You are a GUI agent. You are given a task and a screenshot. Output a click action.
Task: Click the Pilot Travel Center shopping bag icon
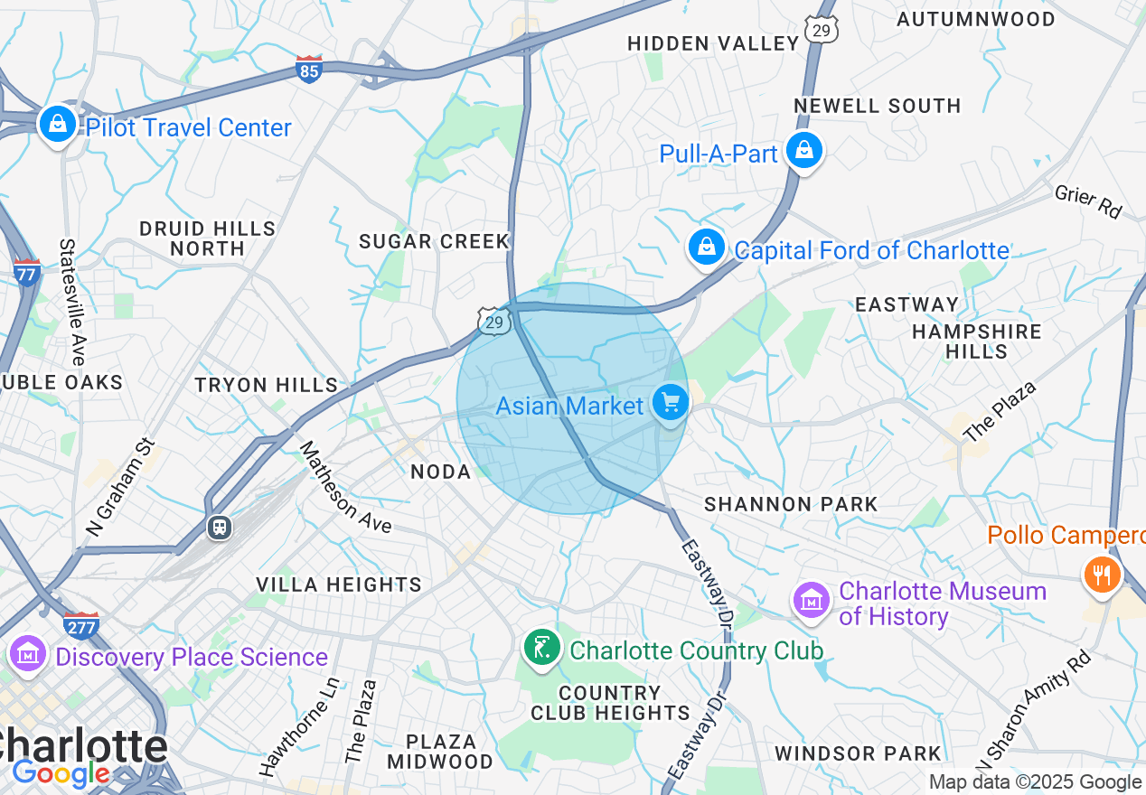pos(58,125)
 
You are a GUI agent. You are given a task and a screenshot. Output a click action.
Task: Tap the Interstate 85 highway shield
pos(309,70)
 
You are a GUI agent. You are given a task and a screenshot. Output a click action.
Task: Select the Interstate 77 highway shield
pos(27,272)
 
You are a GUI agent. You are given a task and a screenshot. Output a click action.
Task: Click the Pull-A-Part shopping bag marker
pos(803,151)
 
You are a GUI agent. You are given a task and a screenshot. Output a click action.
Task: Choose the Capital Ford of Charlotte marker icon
pos(707,247)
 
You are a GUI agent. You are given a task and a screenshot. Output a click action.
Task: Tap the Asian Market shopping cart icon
pos(670,403)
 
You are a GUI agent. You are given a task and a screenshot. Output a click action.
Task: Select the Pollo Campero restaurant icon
pos(1101,573)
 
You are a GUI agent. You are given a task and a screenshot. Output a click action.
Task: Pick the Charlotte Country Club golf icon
pos(541,648)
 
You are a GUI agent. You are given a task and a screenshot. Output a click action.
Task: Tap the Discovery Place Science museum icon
pos(27,655)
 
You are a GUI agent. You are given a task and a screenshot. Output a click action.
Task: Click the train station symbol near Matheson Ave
pos(219,527)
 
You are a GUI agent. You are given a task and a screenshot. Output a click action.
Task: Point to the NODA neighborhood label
pos(441,472)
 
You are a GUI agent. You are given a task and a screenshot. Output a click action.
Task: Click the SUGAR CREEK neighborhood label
pos(435,241)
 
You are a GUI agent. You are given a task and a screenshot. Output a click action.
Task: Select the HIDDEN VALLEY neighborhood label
pos(713,43)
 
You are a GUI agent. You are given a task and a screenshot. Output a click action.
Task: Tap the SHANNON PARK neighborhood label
pos(791,504)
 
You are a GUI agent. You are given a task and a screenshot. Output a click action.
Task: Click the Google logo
pos(61,774)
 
